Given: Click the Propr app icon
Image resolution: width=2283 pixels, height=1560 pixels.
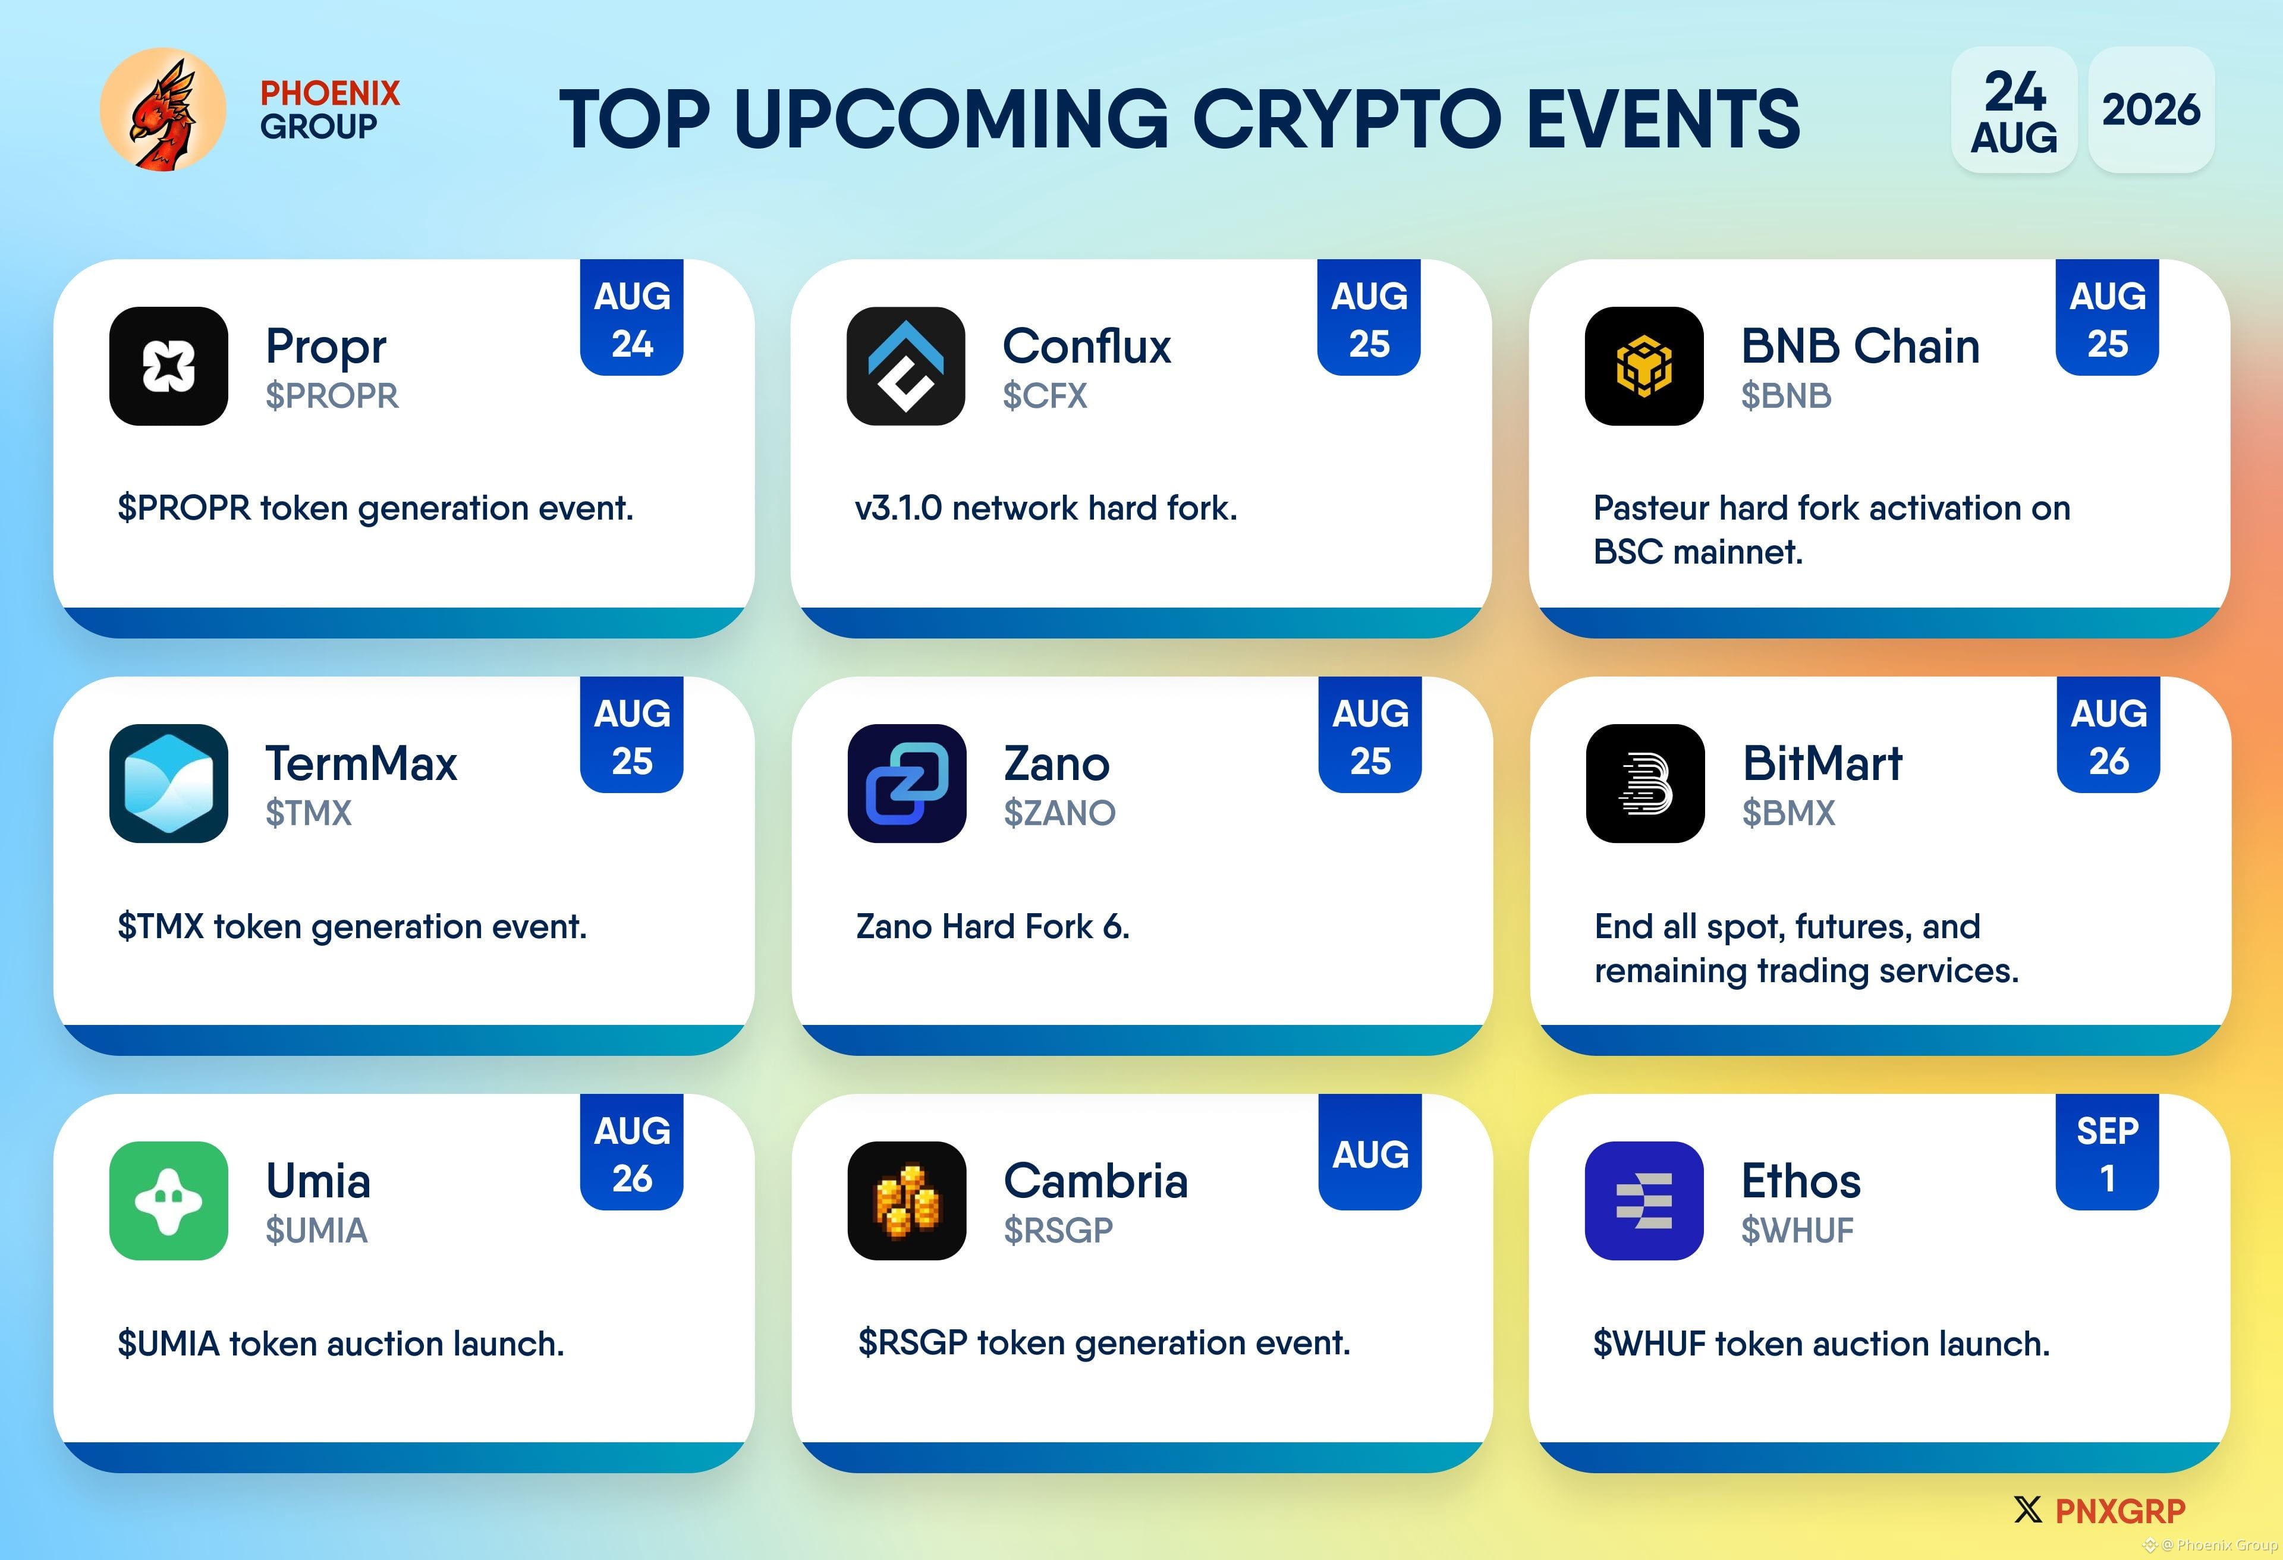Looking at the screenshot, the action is (x=169, y=366).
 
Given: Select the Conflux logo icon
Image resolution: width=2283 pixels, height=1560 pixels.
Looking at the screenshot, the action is (x=905, y=366).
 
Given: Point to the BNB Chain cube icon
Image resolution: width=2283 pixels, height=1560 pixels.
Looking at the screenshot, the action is (x=1643, y=366).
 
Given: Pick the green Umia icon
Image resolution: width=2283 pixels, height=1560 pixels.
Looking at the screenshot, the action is (x=169, y=1200).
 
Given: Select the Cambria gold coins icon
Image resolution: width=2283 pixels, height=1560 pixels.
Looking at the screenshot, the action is (x=907, y=1200).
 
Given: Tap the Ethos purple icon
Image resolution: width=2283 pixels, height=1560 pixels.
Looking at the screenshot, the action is (x=1643, y=1200).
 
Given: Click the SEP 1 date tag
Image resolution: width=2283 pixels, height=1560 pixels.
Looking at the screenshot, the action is (x=2107, y=1152).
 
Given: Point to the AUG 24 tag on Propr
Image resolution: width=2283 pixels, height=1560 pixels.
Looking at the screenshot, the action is (x=631, y=318).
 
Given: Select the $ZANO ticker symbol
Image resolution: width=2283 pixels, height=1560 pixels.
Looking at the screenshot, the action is (x=1059, y=813).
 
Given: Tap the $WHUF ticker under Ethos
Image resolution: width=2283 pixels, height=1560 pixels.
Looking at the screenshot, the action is (x=1797, y=1230).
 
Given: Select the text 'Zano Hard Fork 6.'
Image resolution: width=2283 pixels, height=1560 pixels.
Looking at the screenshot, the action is (x=993, y=926).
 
